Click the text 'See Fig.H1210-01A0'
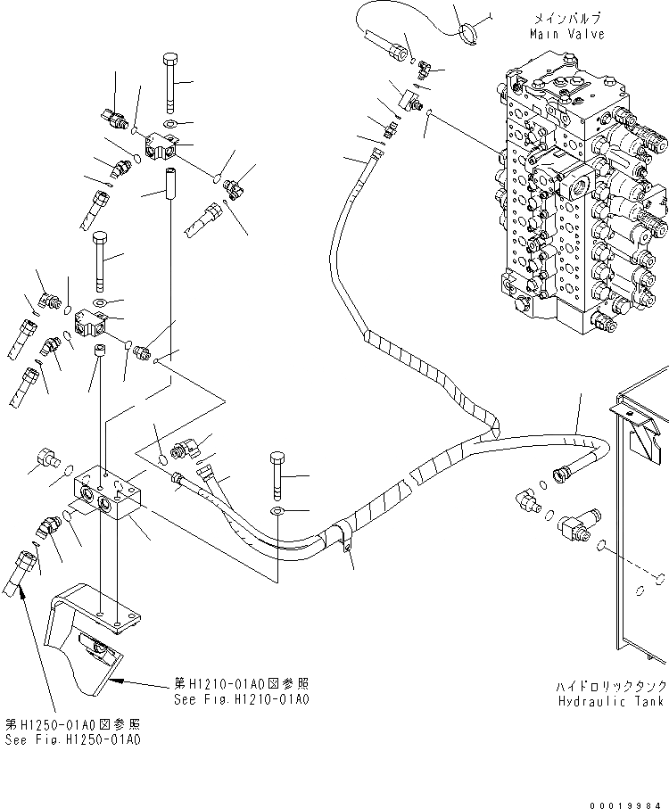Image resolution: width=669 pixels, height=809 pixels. (243, 699)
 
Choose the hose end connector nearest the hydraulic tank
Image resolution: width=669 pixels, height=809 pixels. (566, 470)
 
